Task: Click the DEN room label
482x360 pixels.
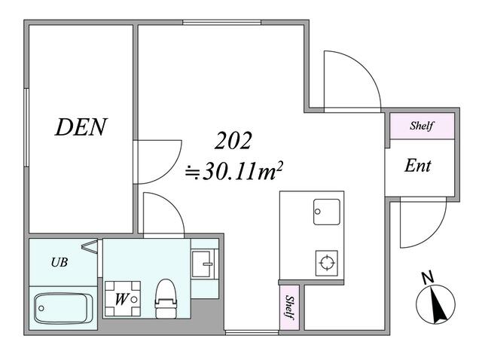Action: tap(81, 127)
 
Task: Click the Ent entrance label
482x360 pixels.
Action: tap(417, 166)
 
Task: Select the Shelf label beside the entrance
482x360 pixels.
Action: tap(421, 126)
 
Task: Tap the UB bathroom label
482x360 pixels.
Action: tap(58, 263)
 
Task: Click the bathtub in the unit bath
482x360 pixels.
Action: tap(63, 307)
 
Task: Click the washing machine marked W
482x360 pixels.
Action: tap(121, 298)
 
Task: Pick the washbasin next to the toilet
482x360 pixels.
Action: tap(203, 264)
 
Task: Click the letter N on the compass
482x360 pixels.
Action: tap(428, 279)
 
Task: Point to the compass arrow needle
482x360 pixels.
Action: tap(436, 305)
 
